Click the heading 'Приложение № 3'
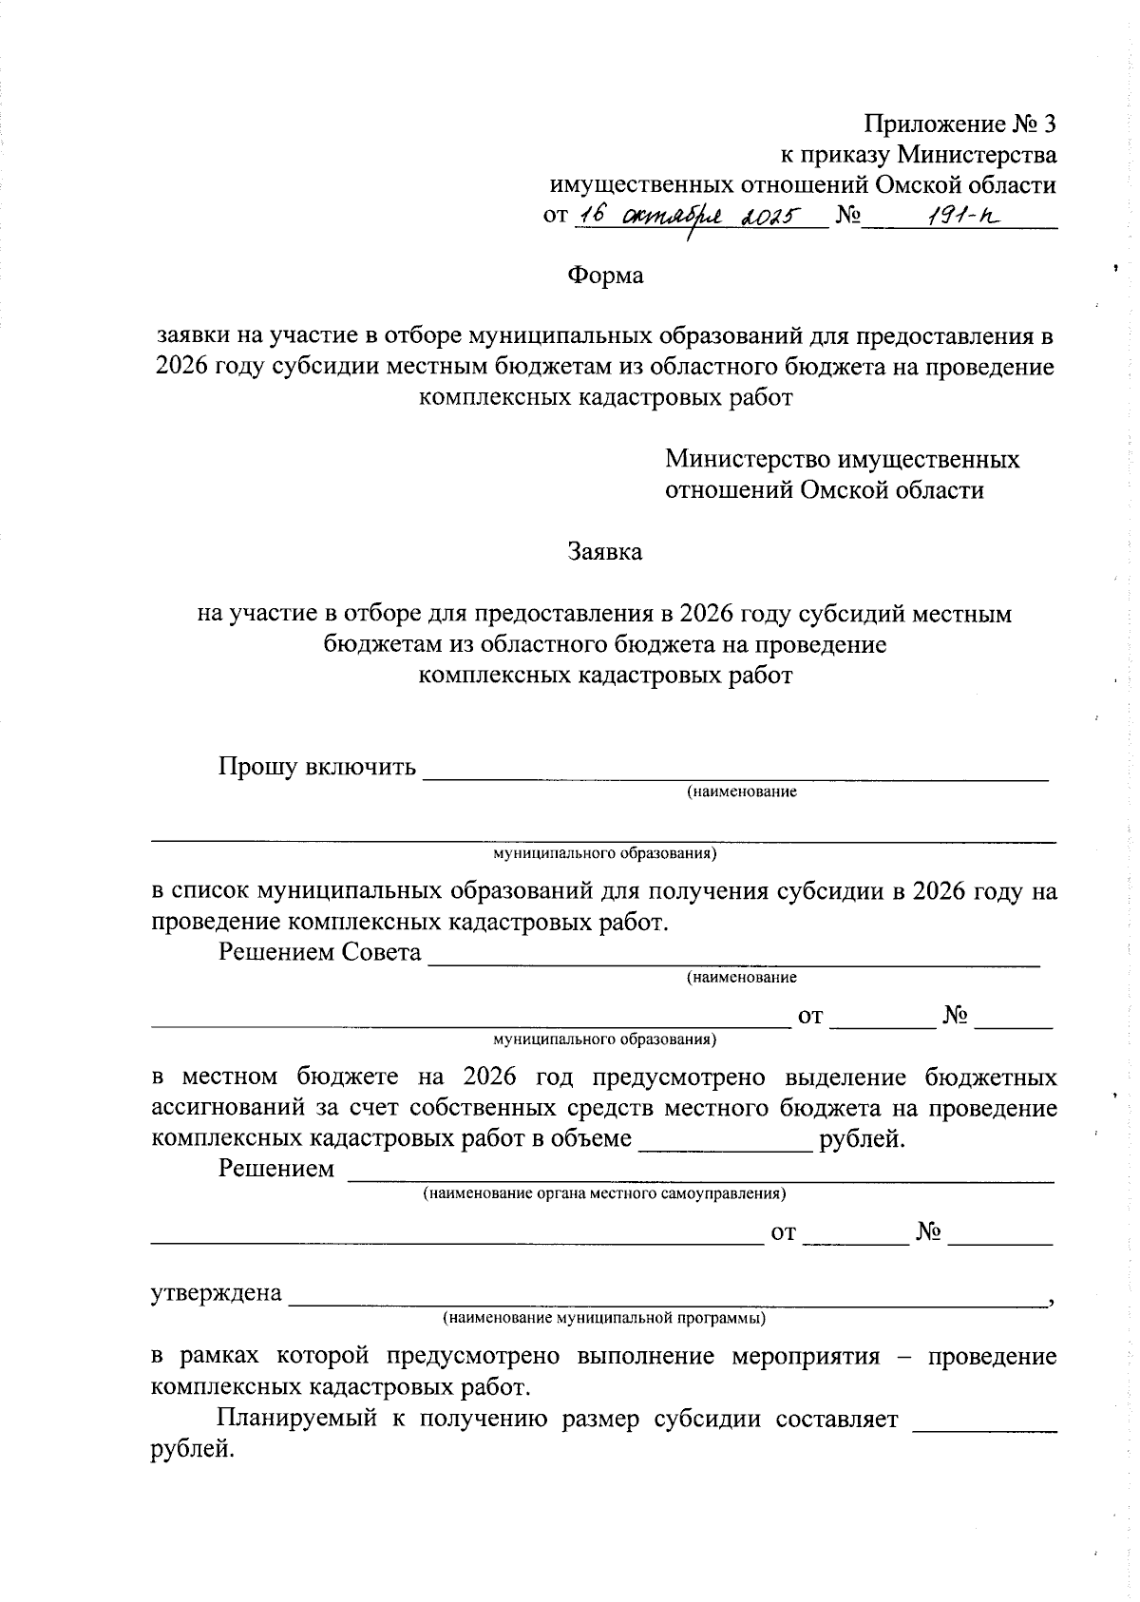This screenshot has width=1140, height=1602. point(959,124)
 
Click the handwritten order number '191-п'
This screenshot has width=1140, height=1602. point(956,218)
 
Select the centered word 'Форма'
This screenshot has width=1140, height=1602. point(605,276)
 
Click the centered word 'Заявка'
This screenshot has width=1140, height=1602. point(605,552)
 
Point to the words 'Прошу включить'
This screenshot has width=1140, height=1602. point(317,767)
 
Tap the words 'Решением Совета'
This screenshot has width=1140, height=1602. point(320,952)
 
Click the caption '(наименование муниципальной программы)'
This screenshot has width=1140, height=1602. point(604,1319)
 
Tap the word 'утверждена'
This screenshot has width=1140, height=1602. point(217,1293)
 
